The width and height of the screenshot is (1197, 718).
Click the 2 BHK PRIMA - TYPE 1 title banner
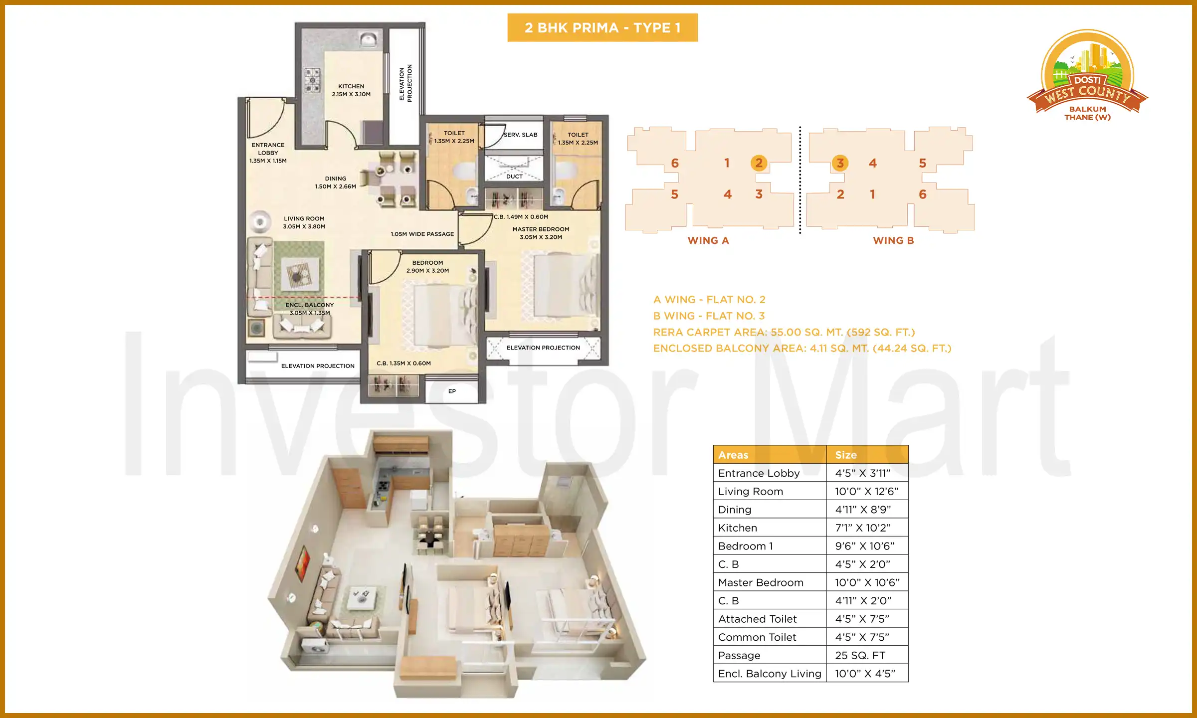click(x=602, y=28)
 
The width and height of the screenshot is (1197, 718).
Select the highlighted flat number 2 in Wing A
click(x=759, y=163)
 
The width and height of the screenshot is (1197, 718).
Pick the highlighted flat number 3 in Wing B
click(x=840, y=163)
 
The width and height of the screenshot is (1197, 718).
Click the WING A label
click(x=708, y=240)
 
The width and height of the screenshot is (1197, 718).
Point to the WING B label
click(x=893, y=240)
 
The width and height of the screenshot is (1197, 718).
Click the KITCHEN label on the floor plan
click(x=351, y=86)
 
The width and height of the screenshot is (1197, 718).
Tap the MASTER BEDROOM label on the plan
click(x=541, y=229)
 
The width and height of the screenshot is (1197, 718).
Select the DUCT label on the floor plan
click(x=514, y=177)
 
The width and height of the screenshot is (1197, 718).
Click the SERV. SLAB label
click(x=520, y=135)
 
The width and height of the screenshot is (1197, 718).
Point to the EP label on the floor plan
click(x=452, y=391)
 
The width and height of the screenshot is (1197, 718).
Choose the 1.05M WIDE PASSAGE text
click(x=422, y=234)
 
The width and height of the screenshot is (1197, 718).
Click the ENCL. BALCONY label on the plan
click(x=309, y=305)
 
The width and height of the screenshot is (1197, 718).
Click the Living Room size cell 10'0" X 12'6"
click(x=866, y=492)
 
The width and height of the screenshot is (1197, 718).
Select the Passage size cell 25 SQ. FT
click(x=860, y=656)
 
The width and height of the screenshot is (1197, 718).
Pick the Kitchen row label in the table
click(x=737, y=528)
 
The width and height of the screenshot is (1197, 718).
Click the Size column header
click(x=846, y=455)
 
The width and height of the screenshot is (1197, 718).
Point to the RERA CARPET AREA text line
click(x=784, y=332)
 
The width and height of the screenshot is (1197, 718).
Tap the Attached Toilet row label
click(x=757, y=619)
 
